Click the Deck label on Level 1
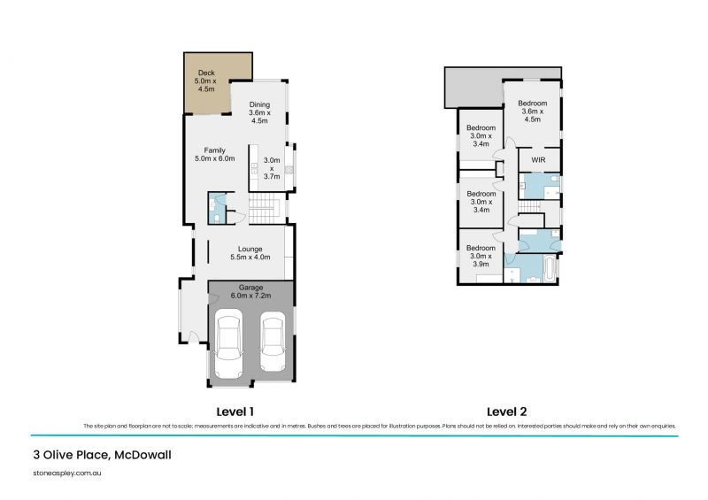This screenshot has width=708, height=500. pos(206,81)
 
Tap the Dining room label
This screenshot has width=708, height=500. pos(259,114)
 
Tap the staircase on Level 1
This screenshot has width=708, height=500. pos(265,211)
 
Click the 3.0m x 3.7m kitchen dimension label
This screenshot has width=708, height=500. pos(272,168)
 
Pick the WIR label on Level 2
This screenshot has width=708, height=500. pos(538,160)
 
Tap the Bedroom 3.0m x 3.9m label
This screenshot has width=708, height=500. pos(481,256)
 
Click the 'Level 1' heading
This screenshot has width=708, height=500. pos(235,412)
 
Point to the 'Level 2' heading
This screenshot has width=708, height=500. pos(507,412)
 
